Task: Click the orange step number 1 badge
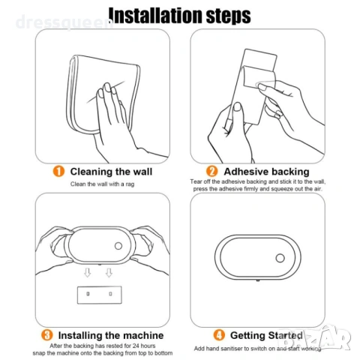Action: pyautogui.click(x=58, y=172)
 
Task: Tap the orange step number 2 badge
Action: pyautogui.click(x=212, y=172)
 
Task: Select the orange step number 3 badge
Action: pyautogui.click(x=47, y=335)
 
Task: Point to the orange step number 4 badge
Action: pyautogui.click(x=219, y=335)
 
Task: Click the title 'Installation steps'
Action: pyautogui.click(x=179, y=16)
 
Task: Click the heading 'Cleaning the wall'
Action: pyautogui.click(x=111, y=172)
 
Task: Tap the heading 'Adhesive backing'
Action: pyautogui.click(x=266, y=172)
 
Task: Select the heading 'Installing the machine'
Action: pyautogui.click(x=111, y=335)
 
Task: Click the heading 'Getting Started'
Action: pyautogui.click(x=266, y=335)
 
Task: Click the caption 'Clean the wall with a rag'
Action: pyautogui.click(x=102, y=184)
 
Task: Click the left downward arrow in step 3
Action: pyautogui.click(x=87, y=273)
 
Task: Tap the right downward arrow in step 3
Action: pyautogui.click(x=109, y=273)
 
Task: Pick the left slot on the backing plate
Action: pyautogui.click(x=88, y=294)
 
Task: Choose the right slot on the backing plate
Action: pyautogui.click(x=110, y=294)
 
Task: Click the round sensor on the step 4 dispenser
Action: pyautogui.click(x=280, y=258)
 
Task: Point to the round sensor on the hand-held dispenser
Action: pyautogui.click(x=118, y=246)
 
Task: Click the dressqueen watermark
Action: pyautogui.click(x=64, y=22)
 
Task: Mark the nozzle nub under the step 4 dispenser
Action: pyautogui.click(x=258, y=280)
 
